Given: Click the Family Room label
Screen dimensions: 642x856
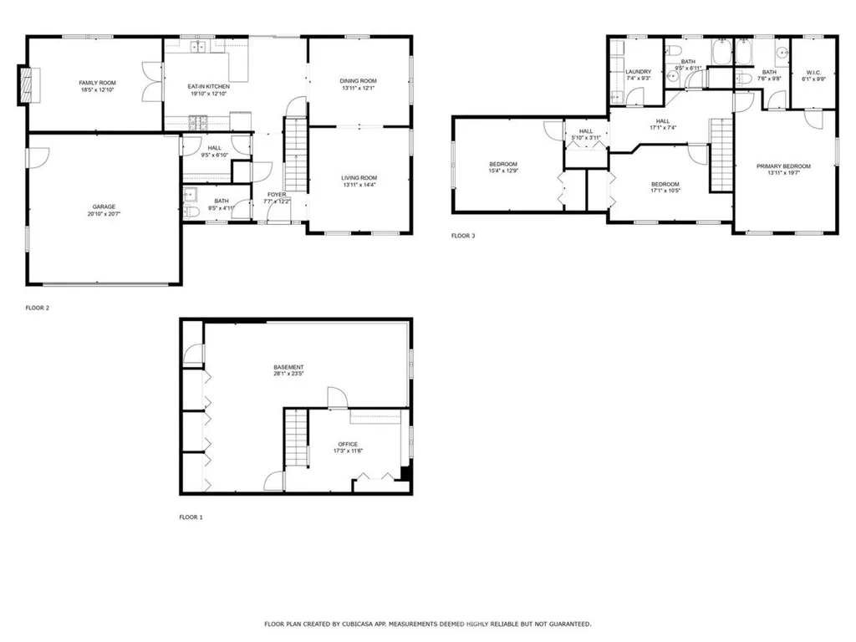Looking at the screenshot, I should click(98, 83).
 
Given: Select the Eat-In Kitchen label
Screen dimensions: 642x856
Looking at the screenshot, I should click(208, 86).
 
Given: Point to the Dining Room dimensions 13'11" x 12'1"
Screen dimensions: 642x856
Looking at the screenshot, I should click(358, 89).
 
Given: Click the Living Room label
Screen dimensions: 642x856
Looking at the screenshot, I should click(359, 178).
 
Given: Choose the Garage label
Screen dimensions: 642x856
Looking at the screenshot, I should click(104, 206).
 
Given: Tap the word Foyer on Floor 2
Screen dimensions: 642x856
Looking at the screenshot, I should click(277, 195).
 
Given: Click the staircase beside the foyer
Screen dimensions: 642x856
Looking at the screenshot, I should click(297, 155).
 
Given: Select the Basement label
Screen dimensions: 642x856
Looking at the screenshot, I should click(288, 368).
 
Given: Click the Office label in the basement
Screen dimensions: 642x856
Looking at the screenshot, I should click(348, 444).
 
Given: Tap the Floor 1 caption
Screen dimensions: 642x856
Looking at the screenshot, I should click(191, 517).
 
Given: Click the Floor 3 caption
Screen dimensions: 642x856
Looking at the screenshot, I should click(463, 236).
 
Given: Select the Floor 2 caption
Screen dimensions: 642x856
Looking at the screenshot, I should click(38, 308).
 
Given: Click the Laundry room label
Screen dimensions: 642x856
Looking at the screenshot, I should click(638, 72).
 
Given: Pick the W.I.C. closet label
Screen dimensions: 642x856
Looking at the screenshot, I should click(813, 73).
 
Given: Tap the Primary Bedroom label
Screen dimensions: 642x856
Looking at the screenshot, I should click(783, 166).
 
